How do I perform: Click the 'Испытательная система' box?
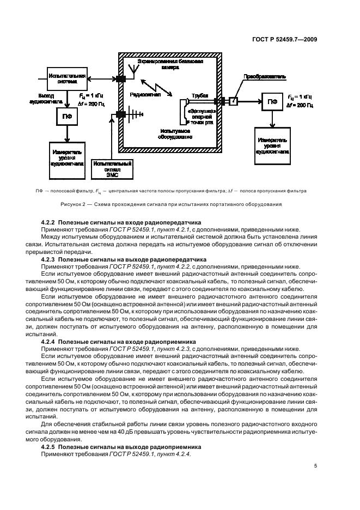tap(67, 79)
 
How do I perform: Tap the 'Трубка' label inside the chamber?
tap(200, 95)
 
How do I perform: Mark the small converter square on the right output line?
tap(233, 101)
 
